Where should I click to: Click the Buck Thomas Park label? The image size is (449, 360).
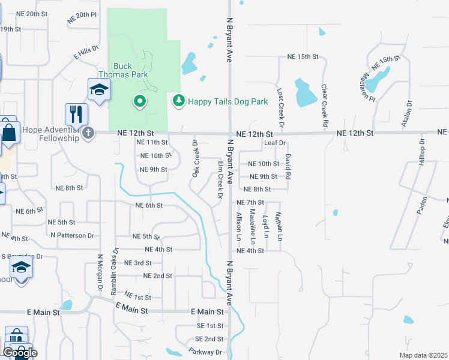click(x=131, y=70)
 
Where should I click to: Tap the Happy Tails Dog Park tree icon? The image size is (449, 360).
click(x=178, y=101)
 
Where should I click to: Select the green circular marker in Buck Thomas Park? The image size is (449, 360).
click(x=140, y=101)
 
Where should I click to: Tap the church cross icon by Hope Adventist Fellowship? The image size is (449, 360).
click(x=88, y=133)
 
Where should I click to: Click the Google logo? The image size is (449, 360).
click(x=20, y=353)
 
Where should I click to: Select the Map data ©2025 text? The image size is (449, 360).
click(x=423, y=355)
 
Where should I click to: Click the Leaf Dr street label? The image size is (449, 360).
click(x=275, y=143)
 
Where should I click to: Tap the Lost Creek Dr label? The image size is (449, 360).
click(x=280, y=102)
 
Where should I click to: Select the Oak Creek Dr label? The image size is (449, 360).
click(x=196, y=159)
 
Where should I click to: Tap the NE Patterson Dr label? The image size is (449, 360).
click(x=73, y=236)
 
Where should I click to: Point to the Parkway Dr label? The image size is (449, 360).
click(x=205, y=352)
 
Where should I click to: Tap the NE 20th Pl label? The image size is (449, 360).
click(x=79, y=14)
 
